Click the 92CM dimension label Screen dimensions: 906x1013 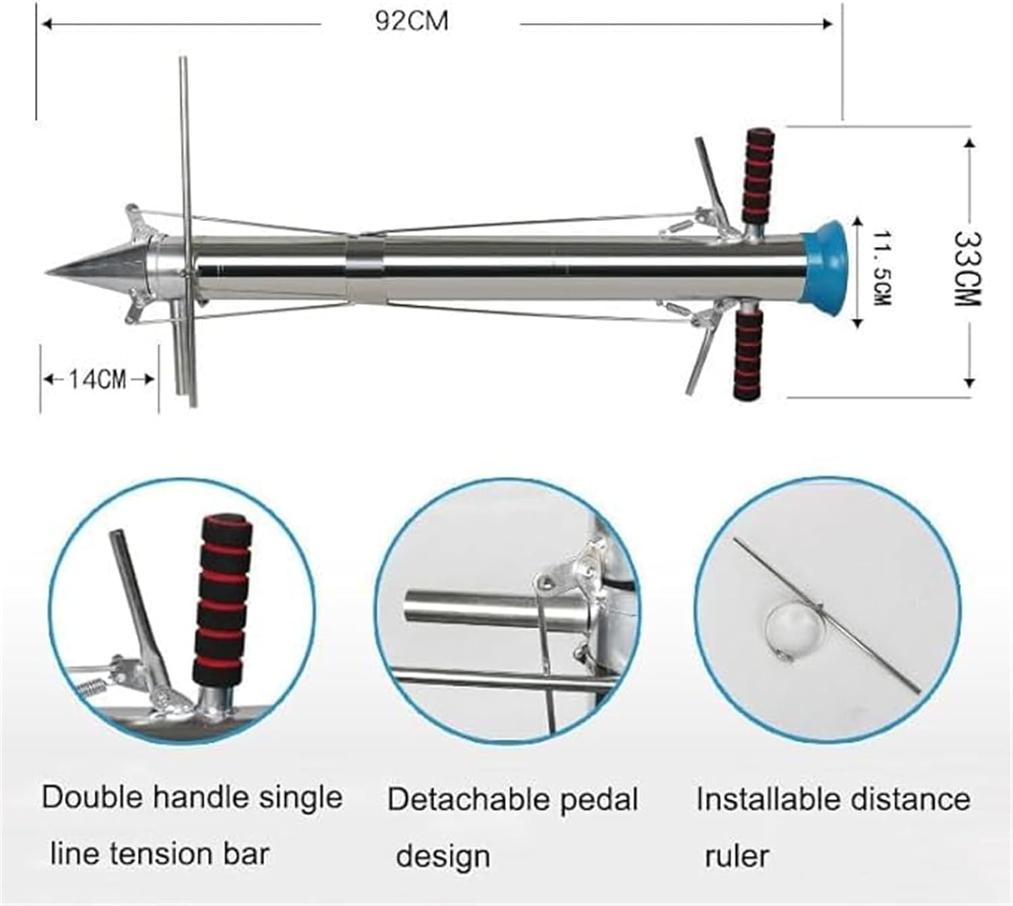(x=412, y=22)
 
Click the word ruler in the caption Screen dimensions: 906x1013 (x=737, y=856)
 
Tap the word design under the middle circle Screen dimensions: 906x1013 (x=443, y=856)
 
